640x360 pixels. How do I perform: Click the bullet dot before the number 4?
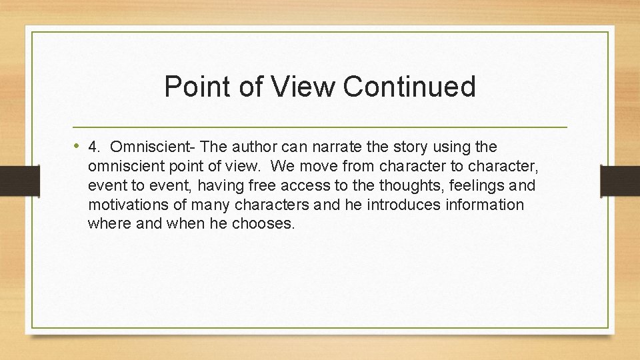pos(78,146)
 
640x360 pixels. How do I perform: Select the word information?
pos(484,205)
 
